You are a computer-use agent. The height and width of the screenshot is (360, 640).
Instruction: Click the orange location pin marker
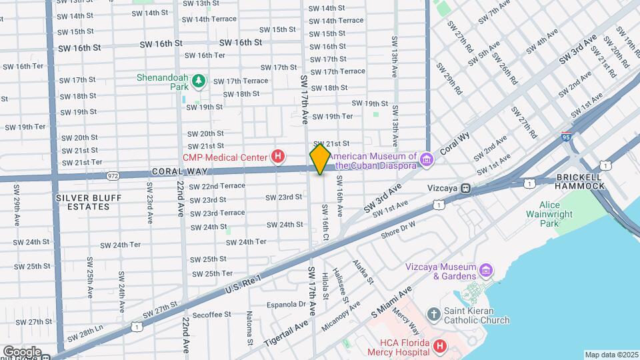(x=320, y=159)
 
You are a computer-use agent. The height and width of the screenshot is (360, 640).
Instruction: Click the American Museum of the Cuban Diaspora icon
(x=427, y=160)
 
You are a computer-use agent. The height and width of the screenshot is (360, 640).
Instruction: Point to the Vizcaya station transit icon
(x=465, y=188)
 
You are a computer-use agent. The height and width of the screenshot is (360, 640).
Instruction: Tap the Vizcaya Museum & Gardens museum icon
(x=487, y=271)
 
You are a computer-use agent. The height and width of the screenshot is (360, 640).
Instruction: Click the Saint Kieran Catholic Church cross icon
(x=434, y=313)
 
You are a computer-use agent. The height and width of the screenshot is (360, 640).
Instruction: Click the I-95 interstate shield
(x=565, y=135)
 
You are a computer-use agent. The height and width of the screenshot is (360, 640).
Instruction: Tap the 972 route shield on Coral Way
(x=112, y=175)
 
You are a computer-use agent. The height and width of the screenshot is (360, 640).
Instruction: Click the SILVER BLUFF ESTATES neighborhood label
(x=83, y=202)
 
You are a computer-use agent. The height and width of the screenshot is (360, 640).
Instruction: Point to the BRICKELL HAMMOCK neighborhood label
(x=579, y=181)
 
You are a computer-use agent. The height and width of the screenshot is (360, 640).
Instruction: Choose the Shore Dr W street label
(x=398, y=231)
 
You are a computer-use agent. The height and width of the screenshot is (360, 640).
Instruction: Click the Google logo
(x=22, y=351)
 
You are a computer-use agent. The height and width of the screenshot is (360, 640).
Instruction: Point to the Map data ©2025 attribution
(x=611, y=355)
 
